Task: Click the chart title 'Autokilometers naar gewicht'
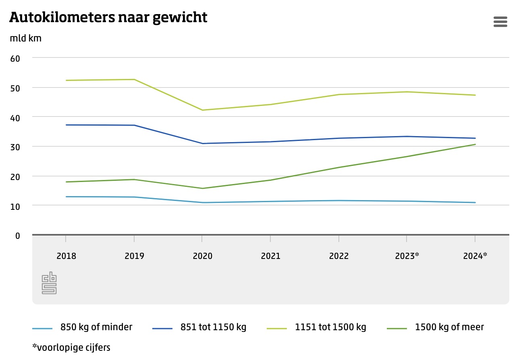pos(108,17)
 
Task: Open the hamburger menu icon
pos(500,22)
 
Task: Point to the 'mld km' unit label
pos(25,39)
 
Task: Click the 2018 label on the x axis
pos(66,256)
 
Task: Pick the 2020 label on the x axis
pos(202,256)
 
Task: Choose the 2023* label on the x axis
pos(407,256)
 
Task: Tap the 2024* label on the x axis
pos(475,256)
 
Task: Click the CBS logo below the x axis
pos(49,283)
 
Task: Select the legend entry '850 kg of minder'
pos(96,327)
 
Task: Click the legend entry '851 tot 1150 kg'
pos(213,327)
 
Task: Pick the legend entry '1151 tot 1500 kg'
pos(330,327)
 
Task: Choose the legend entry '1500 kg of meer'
pos(449,327)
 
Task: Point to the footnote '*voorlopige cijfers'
pos(71,347)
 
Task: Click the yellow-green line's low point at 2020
pos(202,110)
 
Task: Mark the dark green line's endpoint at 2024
pos(475,144)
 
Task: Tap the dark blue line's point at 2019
pos(134,125)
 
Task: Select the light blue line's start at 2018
pos(66,197)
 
